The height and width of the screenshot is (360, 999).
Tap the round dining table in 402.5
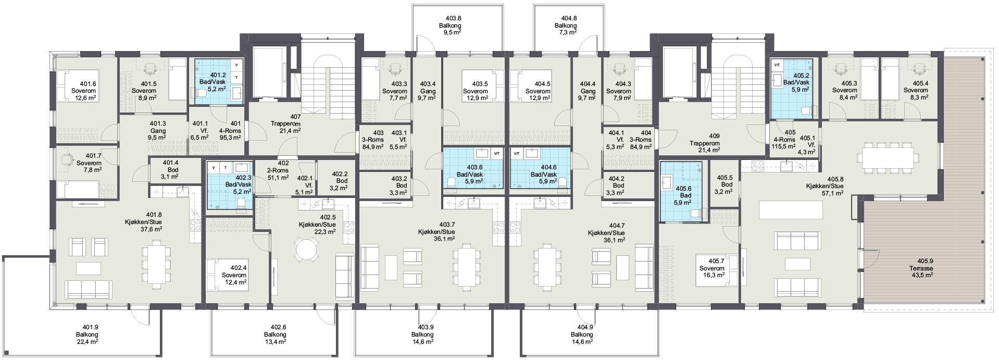point(306,250)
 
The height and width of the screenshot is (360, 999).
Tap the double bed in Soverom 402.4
point(219,275)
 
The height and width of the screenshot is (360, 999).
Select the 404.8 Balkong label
point(566,25)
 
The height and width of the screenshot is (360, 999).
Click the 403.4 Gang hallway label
point(428,91)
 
